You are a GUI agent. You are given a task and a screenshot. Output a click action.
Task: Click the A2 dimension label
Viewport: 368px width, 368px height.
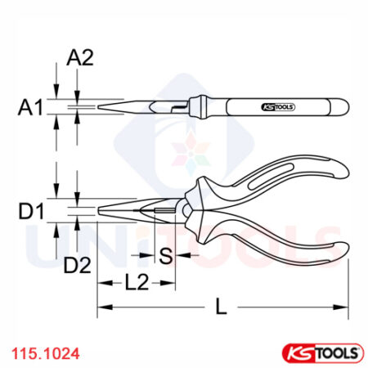coord(80,58)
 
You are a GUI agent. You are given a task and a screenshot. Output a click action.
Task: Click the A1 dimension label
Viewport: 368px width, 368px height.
coord(32,107)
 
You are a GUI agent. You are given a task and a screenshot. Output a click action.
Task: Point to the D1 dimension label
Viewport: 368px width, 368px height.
coord(32,214)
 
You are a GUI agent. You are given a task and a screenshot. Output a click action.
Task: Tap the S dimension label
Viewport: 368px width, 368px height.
coord(166,256)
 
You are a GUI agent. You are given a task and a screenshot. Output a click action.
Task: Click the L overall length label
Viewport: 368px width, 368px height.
coord(220,307)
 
